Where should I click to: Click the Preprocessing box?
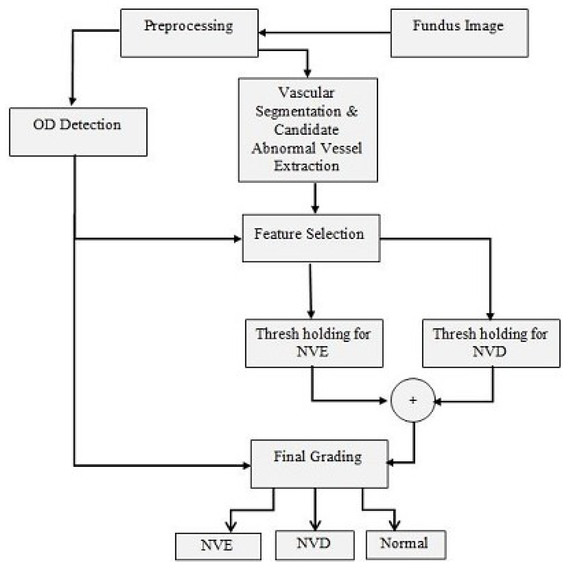[189, 33]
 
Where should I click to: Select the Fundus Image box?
[459, 33]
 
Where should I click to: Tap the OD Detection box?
[78, 132]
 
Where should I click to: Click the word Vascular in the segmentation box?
[306, 93]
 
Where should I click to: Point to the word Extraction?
[306, 166]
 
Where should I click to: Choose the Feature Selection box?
[311, 238]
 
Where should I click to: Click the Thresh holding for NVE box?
[314, 343]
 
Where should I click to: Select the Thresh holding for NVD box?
[491, 343]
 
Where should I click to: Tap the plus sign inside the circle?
[413, 400]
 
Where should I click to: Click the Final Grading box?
[319, 464]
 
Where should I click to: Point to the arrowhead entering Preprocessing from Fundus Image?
[262, 33]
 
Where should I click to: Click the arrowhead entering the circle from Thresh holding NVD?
[438, 402]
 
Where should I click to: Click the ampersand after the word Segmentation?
[351, 111]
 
